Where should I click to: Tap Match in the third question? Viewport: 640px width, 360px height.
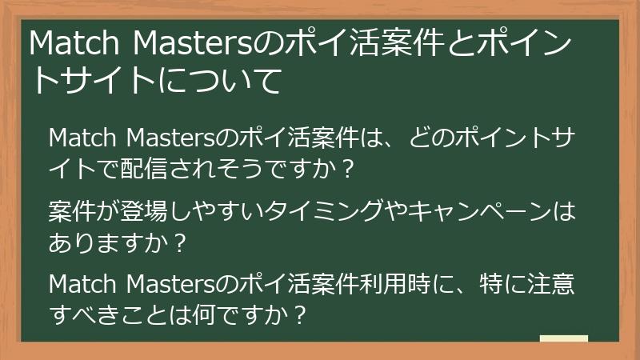[81, 284]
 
